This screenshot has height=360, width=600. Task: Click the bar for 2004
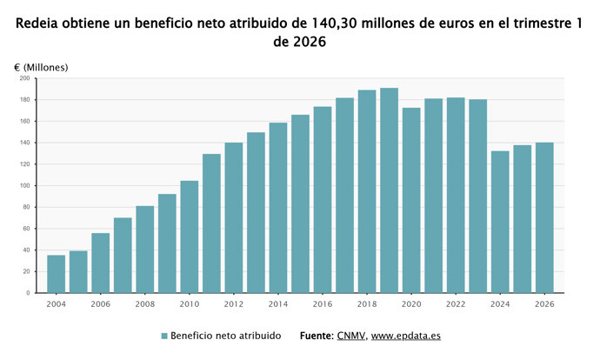(x=56, y=274)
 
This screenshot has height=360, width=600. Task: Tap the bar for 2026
(x=544, y=217)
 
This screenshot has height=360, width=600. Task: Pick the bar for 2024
(x=500, y=222)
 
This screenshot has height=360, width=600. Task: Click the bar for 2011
(x=211, y=223)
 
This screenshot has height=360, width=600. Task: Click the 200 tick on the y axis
(x=24, y=78)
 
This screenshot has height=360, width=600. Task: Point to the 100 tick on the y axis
(x=24, y=185)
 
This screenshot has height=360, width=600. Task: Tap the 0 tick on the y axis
(x=27, y=293)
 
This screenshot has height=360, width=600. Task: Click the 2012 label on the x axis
(x=233, y=304)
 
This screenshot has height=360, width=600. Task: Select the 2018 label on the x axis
(x=367, y=304)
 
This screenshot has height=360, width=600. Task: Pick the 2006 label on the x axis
(x=100, y=304)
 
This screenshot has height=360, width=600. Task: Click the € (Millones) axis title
(x=41, y=67)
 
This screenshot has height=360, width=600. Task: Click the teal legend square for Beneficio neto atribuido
(x=163, y=336)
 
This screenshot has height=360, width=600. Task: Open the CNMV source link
(x=351, y=336)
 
